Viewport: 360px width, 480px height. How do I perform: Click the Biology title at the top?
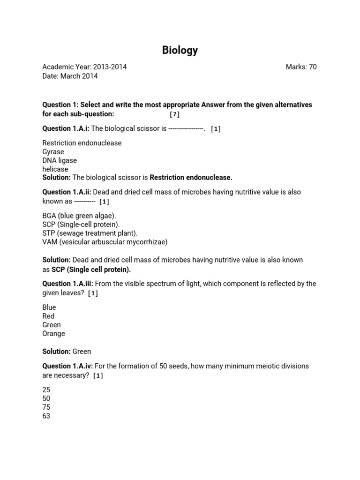180,50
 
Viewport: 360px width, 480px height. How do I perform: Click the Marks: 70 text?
301,67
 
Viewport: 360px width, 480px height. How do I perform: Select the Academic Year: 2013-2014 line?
84,67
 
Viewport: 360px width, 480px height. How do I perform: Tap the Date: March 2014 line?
70,76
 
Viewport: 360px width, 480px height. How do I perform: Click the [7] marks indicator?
174,114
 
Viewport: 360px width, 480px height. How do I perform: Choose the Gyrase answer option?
53,152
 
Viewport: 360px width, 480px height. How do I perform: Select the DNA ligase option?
60,160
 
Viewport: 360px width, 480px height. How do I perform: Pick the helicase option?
55,169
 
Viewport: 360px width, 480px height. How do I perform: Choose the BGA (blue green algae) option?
79,216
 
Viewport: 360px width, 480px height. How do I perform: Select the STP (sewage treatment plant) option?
90,233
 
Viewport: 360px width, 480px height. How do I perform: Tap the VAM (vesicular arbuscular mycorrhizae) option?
105,242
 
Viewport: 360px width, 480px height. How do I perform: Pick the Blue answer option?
49,307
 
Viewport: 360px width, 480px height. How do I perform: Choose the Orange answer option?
53,334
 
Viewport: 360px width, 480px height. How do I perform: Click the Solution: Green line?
67,352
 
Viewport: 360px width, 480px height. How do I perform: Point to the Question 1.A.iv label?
67,366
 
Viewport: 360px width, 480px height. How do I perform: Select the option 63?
46,416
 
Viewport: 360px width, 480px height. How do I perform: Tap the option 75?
46,407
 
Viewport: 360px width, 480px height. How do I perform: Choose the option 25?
46,390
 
